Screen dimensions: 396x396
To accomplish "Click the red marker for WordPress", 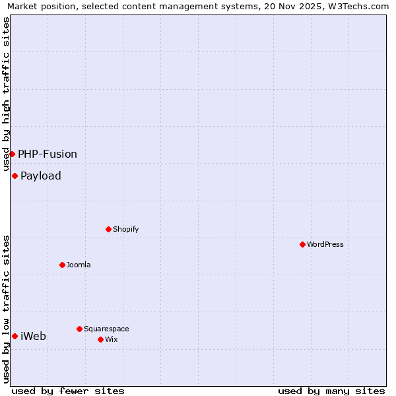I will pyautogui.click(x=302, y=244).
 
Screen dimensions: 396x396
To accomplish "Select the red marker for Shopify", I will pyautogui.click(x=108, y=229).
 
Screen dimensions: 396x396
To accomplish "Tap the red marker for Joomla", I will pyautogui.click(x=62, y=265).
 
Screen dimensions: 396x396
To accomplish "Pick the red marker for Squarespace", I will pyautogui.click(x=79, y=329).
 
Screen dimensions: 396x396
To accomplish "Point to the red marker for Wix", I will pyautogui.click(x=100, y=339).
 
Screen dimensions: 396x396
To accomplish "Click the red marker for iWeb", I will pyautogui.click(x=15, y=336).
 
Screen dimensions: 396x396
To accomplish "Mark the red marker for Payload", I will pyautogui.click(x=15, y=176).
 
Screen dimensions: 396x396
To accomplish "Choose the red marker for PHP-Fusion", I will pyautogui.click(x=12, y=154).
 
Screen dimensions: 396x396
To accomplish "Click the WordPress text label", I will pyautogui.click(x=325, y=244).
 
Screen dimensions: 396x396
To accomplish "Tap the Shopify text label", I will pyautogui.click(x=125, y=229).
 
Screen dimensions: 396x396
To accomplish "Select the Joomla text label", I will pyautogui.click(x=79, y=265).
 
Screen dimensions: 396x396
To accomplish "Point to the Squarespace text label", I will pyautogui.click(x=106, y=329).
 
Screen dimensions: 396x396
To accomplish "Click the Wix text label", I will pyautogui.click(x=111, y=339).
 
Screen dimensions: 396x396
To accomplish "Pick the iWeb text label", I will pyautogui.click(x=33, y=336).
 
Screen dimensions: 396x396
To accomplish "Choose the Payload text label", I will pyautogui.click(x=41, y=176).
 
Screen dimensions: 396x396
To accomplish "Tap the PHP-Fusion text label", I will pyautogui.click(x=48, y=154).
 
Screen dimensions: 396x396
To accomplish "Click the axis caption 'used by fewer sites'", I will pyautogui.click(x=68, y=391).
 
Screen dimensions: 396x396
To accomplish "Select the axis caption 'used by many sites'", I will pyautogui.click(x=331, y=391).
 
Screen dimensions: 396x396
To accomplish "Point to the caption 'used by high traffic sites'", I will pyautogui.click(x=7, y=94).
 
